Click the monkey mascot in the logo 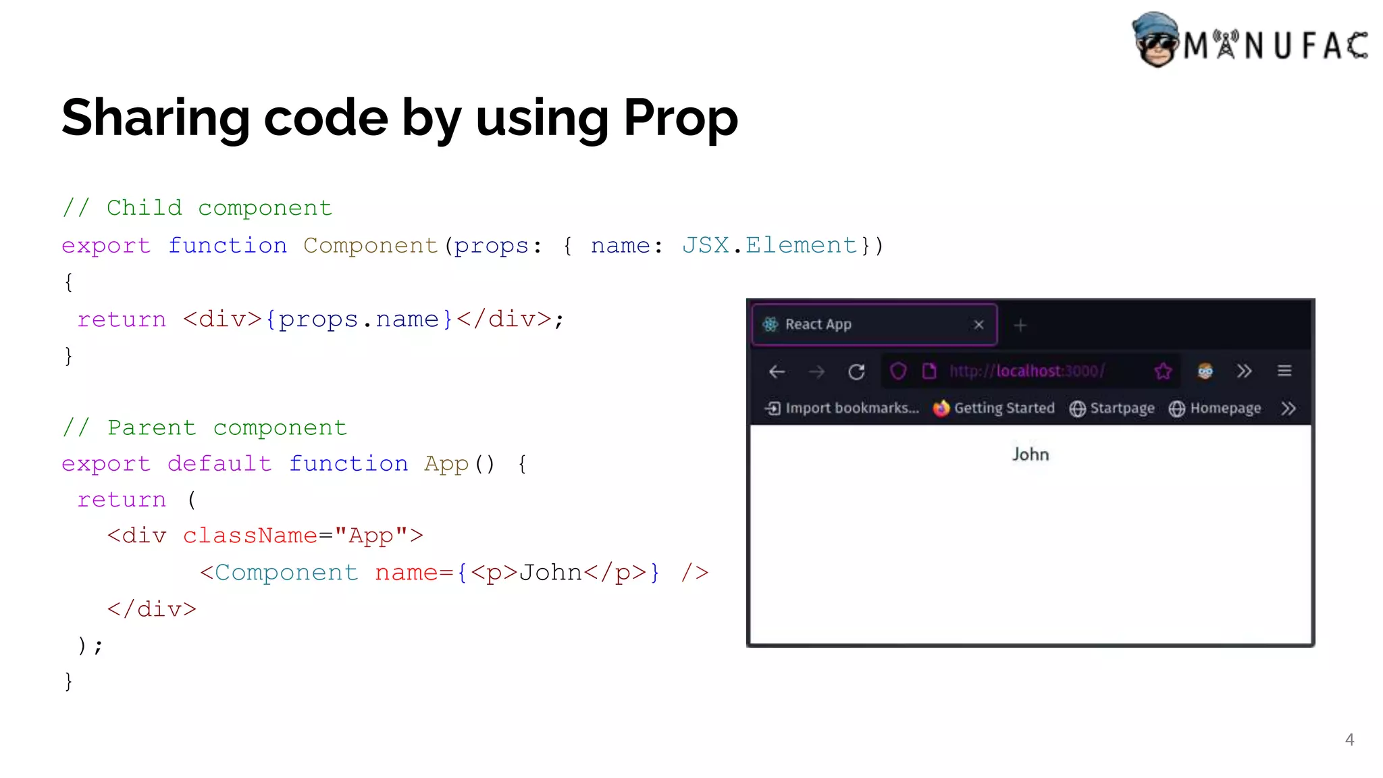coord(1155,40)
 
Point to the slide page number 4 coord(1349,740)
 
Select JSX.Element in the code coord(769,245)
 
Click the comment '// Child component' coord(197,208)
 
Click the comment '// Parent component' coord(205,428)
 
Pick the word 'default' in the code coord(219,464)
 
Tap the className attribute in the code coord(250,536)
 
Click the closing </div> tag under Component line coord(152,609)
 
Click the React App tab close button coord(978,325)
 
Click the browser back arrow coord(777,371)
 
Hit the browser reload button coord(856,371)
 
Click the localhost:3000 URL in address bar coord(1026,371)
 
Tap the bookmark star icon coord(1163,371)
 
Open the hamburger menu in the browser coord(1284,371)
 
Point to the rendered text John coord(1030,455)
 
